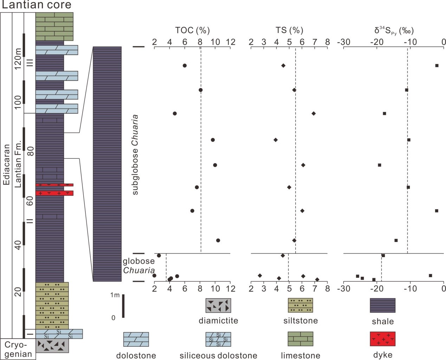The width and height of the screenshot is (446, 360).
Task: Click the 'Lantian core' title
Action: pyautogui.click(x=37, y=5)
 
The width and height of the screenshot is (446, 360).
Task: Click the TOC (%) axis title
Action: pyautogui.click(x=193, y=31)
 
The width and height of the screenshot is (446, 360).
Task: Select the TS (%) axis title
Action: pyautogui.click(x=289, y=31)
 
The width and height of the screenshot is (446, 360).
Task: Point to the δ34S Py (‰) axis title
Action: pyautogui.click(x=394, y=31)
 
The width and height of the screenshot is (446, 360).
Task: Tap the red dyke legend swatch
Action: pyautogui.click(x=382, y=339)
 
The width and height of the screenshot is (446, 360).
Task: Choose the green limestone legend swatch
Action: pyautogui.click(x=300, y=339)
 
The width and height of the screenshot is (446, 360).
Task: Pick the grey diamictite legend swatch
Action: pyautogui.click(x=218, y=306)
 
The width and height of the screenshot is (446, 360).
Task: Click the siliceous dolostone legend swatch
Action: pyautogui.click(x=218, y=339)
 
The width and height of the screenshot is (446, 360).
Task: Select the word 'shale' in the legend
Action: pyautogui.click(x=383, y=321)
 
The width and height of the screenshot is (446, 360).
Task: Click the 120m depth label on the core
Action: pyautogui.click(x=18, y=57)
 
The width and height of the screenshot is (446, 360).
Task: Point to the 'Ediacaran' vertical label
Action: pyautogui.click(x=6, y=164)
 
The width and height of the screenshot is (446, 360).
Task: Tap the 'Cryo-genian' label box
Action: pyautogui.click(x=18, y=349)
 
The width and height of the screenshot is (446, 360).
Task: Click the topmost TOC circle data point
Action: pyautogui.click(x=185, y=65)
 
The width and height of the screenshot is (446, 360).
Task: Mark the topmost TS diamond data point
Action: pyautogui.click(x=283, y=65)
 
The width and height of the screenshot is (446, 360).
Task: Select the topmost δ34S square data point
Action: pyautogui.click(x=437, y=65)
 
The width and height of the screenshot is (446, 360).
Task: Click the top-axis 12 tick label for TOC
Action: pyautogui.click(x=230, y=42)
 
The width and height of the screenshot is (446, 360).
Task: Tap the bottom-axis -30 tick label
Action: pyautogui.click(x=344, y=289)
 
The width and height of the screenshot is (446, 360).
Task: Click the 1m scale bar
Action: pyautogui.click(x=123, y=306)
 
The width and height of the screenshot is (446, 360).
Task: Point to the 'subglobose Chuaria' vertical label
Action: pyautogui.click(x=135, y=155)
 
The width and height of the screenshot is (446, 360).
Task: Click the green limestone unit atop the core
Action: pyautogui.click(x=54, y=27)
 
